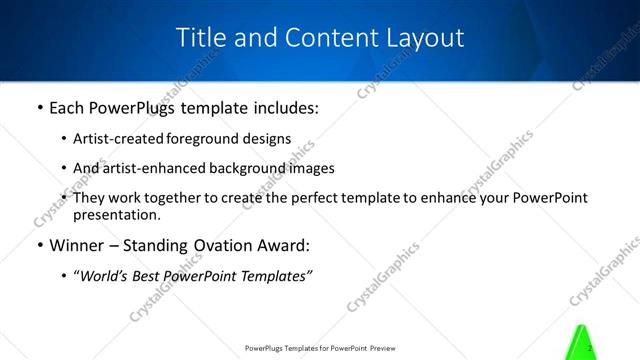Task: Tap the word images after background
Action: pos(311,168)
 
